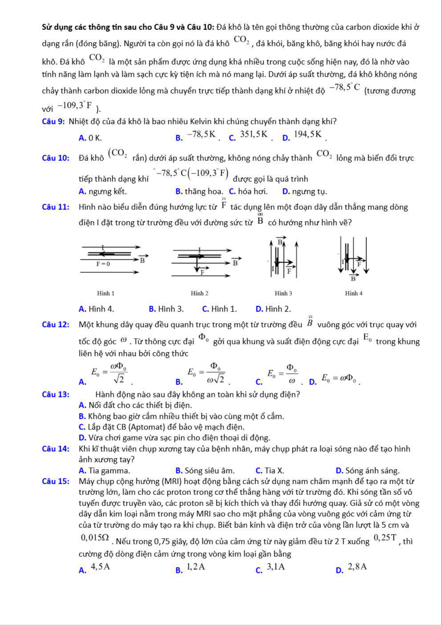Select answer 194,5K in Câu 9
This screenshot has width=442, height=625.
point(308,135)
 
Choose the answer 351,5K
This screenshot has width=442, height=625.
point(254,135)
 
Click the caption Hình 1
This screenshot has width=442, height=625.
point(106,294)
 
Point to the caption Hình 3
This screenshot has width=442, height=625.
point(283,294)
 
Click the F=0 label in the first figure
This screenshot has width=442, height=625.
point(103,264)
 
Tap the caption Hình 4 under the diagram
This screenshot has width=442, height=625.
point(354,294)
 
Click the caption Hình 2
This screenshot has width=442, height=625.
point(199,294)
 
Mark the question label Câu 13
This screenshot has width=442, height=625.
point(56,395)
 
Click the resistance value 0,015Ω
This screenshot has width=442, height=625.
point(95,537)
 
